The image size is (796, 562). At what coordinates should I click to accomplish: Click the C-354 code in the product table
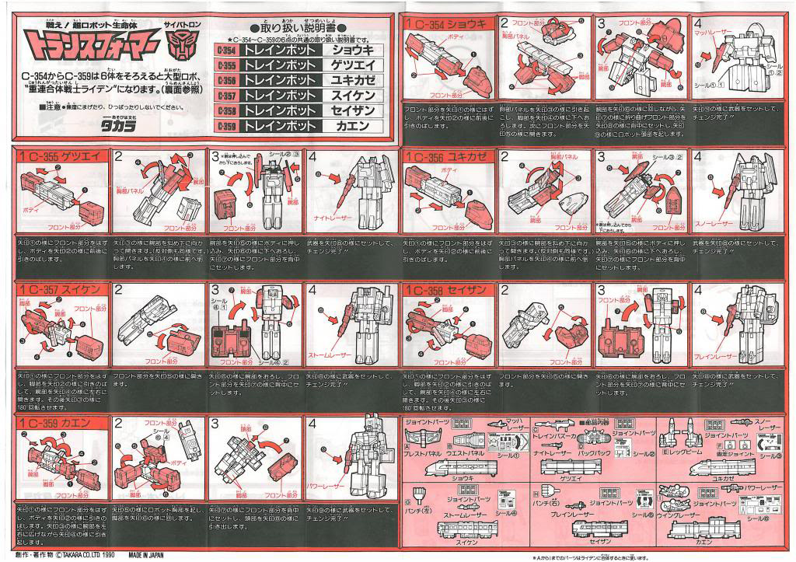click(x=223, y=49)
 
